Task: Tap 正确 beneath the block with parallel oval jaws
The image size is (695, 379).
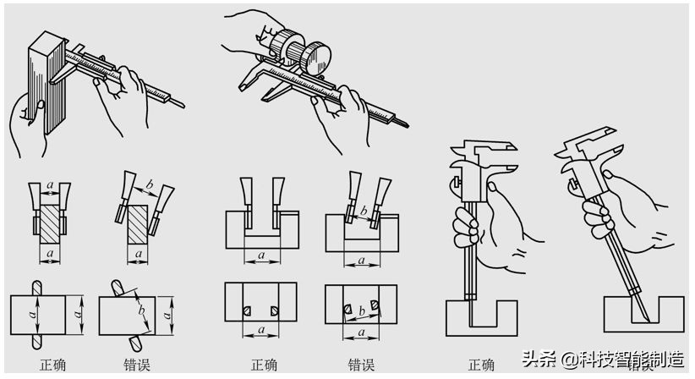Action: [52, 365]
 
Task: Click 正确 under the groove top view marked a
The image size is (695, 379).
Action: [263, 365]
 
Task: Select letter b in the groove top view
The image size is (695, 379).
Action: [361, 312]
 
